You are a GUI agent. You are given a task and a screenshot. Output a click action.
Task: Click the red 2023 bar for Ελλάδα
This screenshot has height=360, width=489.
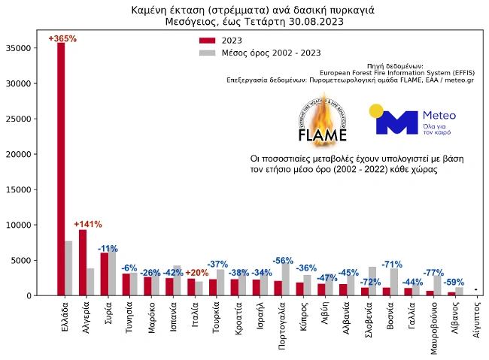click(61, 169)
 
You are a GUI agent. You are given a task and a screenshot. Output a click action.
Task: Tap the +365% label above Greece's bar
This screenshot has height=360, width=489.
click(62, 38)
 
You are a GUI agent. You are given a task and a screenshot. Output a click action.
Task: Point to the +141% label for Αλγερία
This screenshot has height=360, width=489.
click(87, 224)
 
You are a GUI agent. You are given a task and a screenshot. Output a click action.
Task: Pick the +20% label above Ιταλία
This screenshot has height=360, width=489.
click(196, 273)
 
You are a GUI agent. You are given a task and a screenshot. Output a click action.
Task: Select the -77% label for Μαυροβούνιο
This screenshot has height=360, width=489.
click(433, 273)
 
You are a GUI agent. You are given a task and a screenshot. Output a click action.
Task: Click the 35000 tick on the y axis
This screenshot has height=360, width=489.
click(18, 48)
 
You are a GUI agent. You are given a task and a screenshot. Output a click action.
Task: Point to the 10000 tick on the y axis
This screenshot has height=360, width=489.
click(18, 225)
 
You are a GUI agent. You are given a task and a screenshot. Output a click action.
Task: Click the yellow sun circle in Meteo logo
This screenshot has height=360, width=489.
click(376, 111)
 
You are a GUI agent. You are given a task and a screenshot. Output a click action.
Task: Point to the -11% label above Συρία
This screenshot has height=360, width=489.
click(108, 248)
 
